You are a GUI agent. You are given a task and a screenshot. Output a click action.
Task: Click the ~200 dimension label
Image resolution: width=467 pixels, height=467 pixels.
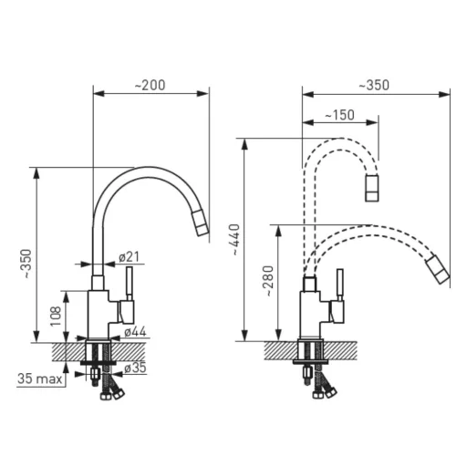coord(150,85)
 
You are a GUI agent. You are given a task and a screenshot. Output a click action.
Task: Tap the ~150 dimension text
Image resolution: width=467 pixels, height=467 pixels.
coord(339,115)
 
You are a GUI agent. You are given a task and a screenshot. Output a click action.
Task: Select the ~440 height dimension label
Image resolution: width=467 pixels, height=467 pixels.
coord(235,240)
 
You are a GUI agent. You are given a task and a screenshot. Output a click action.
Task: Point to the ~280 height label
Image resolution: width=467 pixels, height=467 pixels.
coord(268,281)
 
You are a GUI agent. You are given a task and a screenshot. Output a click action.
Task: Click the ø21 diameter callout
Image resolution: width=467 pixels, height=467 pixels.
coord(129,257)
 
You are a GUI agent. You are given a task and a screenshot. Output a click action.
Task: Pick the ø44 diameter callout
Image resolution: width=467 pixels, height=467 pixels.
coord(135,332)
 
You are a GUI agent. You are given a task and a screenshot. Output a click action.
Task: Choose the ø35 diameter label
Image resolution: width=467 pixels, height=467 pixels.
coord(135,368)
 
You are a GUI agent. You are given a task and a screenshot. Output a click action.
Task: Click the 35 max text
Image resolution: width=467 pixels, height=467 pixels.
coord(40,379)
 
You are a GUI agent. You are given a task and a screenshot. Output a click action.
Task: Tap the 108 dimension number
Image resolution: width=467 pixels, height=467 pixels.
coord(56,317)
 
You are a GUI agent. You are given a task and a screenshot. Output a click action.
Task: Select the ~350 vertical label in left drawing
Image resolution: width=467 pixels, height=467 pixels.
coord(27,264)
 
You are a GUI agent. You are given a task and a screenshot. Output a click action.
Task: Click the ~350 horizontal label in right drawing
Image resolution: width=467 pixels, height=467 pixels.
coord(374,85)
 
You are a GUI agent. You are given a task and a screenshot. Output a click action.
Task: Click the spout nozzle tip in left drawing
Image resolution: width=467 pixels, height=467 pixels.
coord(200,223)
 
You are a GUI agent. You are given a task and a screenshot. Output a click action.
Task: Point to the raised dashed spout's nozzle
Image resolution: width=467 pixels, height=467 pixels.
coord(372,188)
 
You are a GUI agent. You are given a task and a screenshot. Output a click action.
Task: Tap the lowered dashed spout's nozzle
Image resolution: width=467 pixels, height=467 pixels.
coord(438,270)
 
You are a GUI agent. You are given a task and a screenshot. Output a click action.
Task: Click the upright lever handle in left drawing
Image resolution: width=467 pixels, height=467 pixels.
coord(130,284)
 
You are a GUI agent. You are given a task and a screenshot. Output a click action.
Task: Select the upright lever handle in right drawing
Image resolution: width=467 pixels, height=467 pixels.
coord(340,285)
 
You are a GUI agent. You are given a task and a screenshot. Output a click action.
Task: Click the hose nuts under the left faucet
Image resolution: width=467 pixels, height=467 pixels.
coord(112,394)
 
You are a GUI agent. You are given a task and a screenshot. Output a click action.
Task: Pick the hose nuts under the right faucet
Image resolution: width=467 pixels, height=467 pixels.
coord(325,392)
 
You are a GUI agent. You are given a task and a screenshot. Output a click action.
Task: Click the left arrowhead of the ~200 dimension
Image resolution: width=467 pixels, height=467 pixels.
coord(99,93)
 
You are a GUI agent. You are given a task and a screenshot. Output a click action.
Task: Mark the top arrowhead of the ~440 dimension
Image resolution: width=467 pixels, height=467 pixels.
coord(244,144)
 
